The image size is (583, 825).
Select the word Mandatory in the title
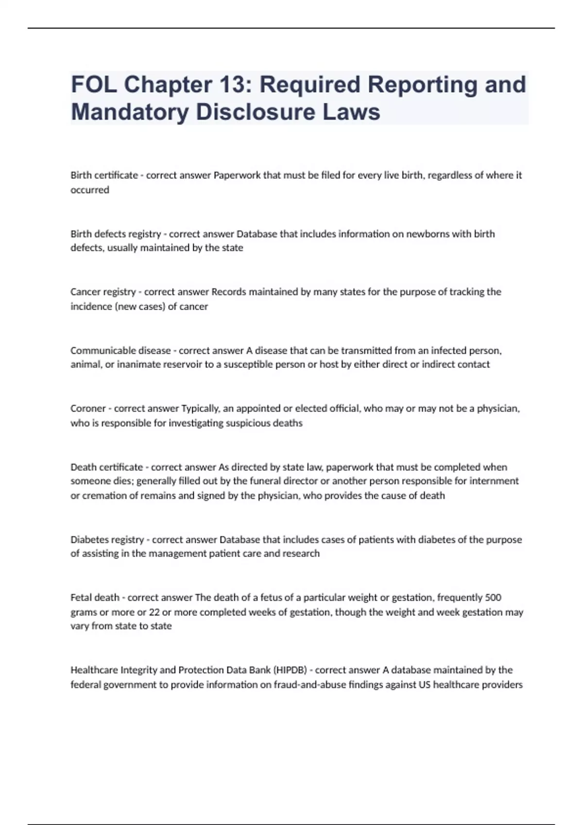(130, 112)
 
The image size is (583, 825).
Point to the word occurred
(90, 190)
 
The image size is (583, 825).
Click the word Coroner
(88, 409)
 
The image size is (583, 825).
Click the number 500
(493, 597)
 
